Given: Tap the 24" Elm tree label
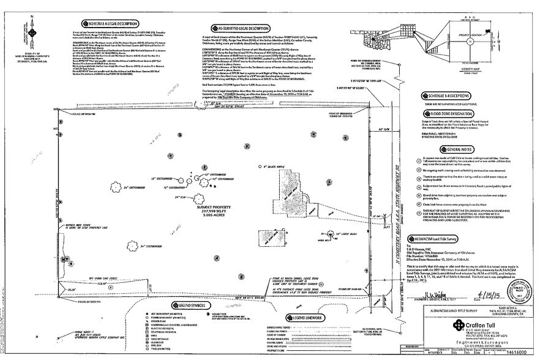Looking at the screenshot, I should point(180,198).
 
